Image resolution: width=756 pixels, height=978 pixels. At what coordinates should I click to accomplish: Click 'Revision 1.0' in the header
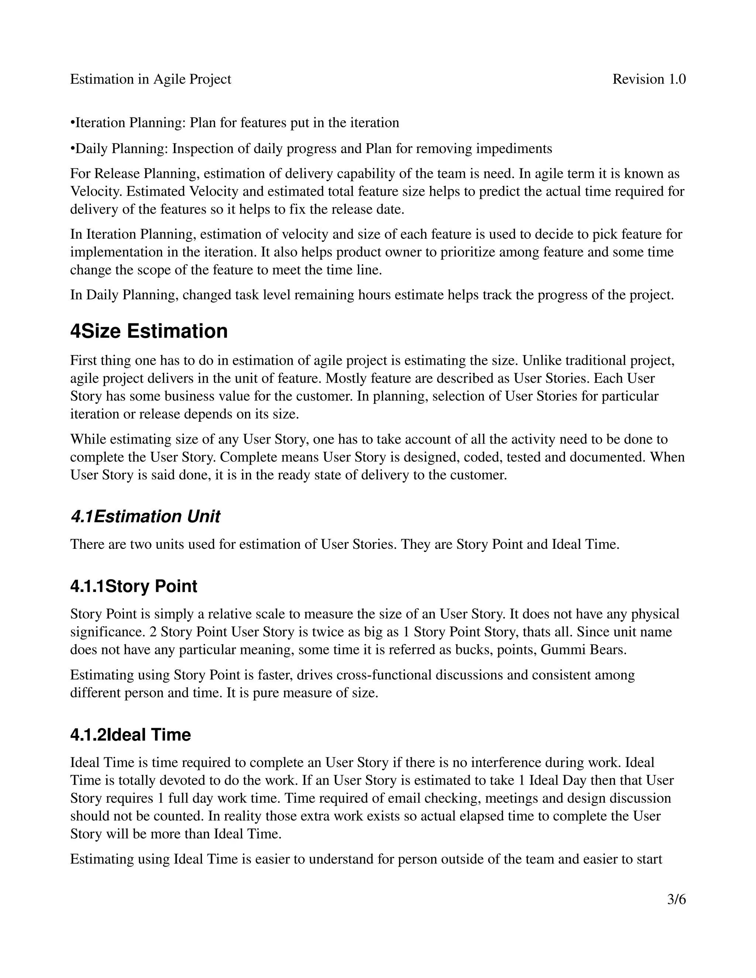[649, 79]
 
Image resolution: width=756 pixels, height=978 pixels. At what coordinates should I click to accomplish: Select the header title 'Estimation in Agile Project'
[151, 79]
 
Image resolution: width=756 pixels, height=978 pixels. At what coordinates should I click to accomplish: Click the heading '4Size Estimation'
[149, 331]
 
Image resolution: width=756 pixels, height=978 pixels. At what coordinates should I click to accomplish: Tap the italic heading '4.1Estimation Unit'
[145, 516]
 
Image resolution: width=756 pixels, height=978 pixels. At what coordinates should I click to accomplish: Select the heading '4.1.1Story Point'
[134, 586]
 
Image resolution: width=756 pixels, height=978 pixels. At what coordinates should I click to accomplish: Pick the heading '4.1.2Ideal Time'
[130, 735]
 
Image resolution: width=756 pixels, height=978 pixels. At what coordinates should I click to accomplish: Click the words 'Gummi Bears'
[583, 650]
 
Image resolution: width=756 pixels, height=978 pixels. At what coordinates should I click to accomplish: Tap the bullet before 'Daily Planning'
[73, 149]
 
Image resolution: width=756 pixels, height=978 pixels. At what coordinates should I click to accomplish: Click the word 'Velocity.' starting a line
[96, 192]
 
